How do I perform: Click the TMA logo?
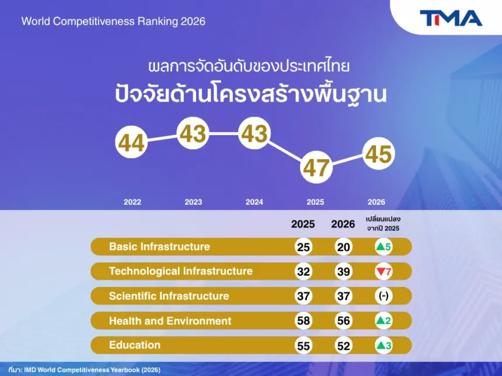pyautogui.click(x=451, y=18)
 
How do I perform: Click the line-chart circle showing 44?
pyautogui.click(x=131, y=142)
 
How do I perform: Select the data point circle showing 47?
pyautogui.click(x=316, y=167)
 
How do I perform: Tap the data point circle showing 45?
pyautogui.click(x=378, y=153)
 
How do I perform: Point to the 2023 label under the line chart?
pyautogui.click(x=193, y=202)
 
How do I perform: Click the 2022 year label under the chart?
pyautogui.click(x=133, y=202)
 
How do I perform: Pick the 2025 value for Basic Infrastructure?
pyautogui.click(x=303, y=247)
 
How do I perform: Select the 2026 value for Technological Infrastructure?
pyautogui.click(x=343, y=272)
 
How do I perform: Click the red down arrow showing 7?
pyautogui.click(x=384, y=272)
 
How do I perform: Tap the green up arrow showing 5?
pyautogui.click(x=384, y=247)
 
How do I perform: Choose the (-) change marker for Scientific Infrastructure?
pyautogui.click(x=384, y=296)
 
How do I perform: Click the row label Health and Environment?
pyautogui.click(x=170, y=321)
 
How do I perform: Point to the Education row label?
pyautogui.click(x=134, y=345)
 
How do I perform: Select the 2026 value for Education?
pyautogui.click(x=343, y=346)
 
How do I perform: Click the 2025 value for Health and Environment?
pyautogui.click(x=303, y=321)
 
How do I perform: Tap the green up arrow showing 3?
pyautogui.click(x=384, y=346)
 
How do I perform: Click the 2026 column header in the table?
pyautogui.click(x=343, y=224)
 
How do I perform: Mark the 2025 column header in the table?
pyautogui.click(x=303, y=224)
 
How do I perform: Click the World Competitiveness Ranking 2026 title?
pyautogui.click(x=113, y=22)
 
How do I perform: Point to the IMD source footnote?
pyautogui.click(x=84, y=370)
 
